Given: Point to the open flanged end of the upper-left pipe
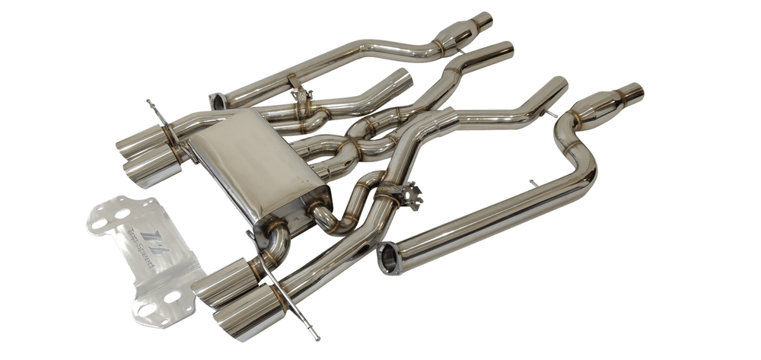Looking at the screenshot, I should pyautogui.click(x=218, y=101).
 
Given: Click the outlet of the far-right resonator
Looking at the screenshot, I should pyautogui.click(x=633, y=92).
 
